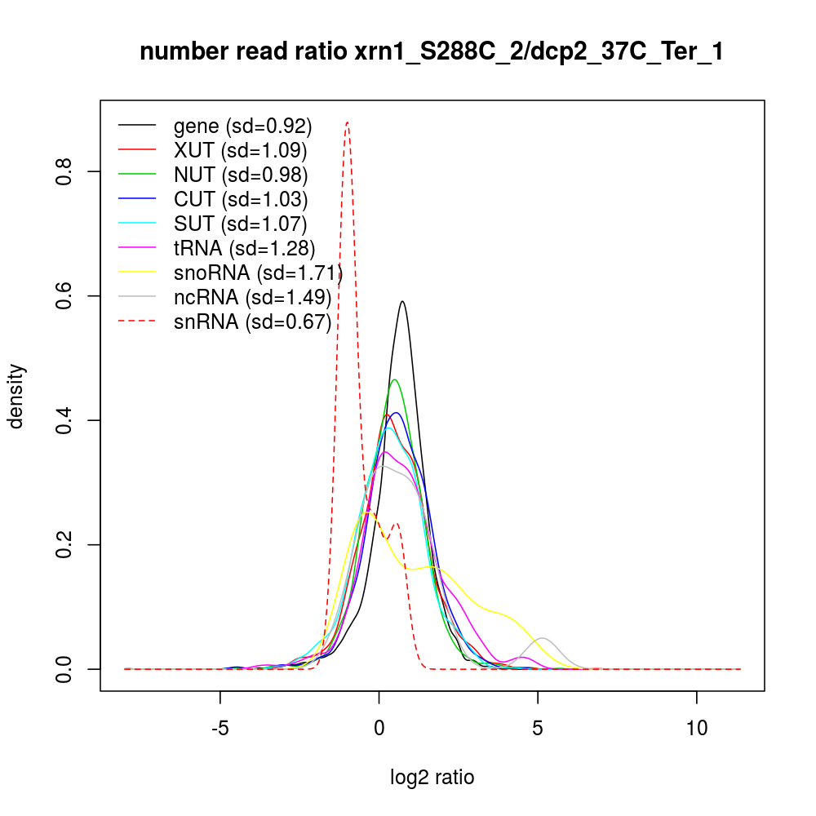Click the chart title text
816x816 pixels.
(432, 52)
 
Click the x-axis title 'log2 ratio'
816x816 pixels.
(432, 778)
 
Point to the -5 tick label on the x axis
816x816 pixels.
(220, 728)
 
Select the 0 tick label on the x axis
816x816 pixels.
(379, 728)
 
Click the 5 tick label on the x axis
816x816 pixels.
(538, 728)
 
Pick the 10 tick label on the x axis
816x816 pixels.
(697, 728)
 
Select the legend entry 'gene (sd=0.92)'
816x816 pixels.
(242, 126)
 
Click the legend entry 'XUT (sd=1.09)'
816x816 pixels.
(240, 150)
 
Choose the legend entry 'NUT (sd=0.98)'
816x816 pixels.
(240, 175)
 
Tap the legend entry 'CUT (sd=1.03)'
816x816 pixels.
(240, 199)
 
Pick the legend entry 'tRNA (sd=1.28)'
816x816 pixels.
(244, 248)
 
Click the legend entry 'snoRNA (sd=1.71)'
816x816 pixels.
(257, 273)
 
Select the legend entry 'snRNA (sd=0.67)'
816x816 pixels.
(252, 322)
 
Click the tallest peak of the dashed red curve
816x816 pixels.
(348, 122)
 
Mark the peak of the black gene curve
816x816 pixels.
(402, 301)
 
